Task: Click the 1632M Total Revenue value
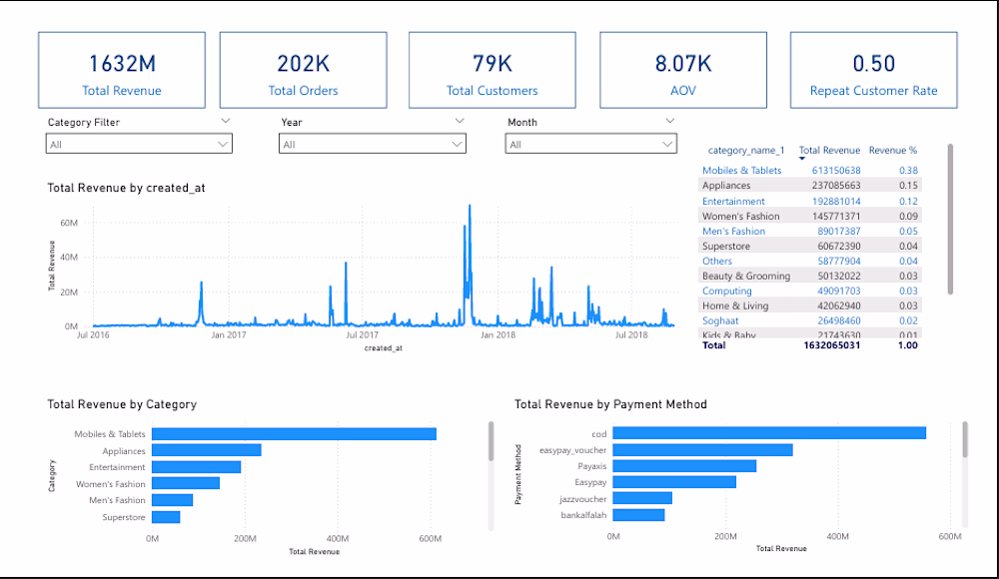click(122, 63)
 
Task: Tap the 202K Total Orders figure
click(303, 63)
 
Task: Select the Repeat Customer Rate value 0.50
click(873, 63)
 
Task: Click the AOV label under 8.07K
click(683, 91)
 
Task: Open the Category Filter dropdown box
click(139, 144)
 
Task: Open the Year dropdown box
click(372, 144)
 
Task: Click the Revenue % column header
click(892, 151)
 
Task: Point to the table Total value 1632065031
click(831, 345)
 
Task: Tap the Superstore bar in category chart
click(166, 517)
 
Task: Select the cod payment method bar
click(769, 432)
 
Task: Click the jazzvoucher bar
click(642, 498)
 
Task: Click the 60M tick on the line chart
click(69, 223)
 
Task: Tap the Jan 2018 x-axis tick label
click(498, 335)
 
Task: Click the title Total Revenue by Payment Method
click(610, 404)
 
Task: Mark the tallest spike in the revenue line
click(470, 207)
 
